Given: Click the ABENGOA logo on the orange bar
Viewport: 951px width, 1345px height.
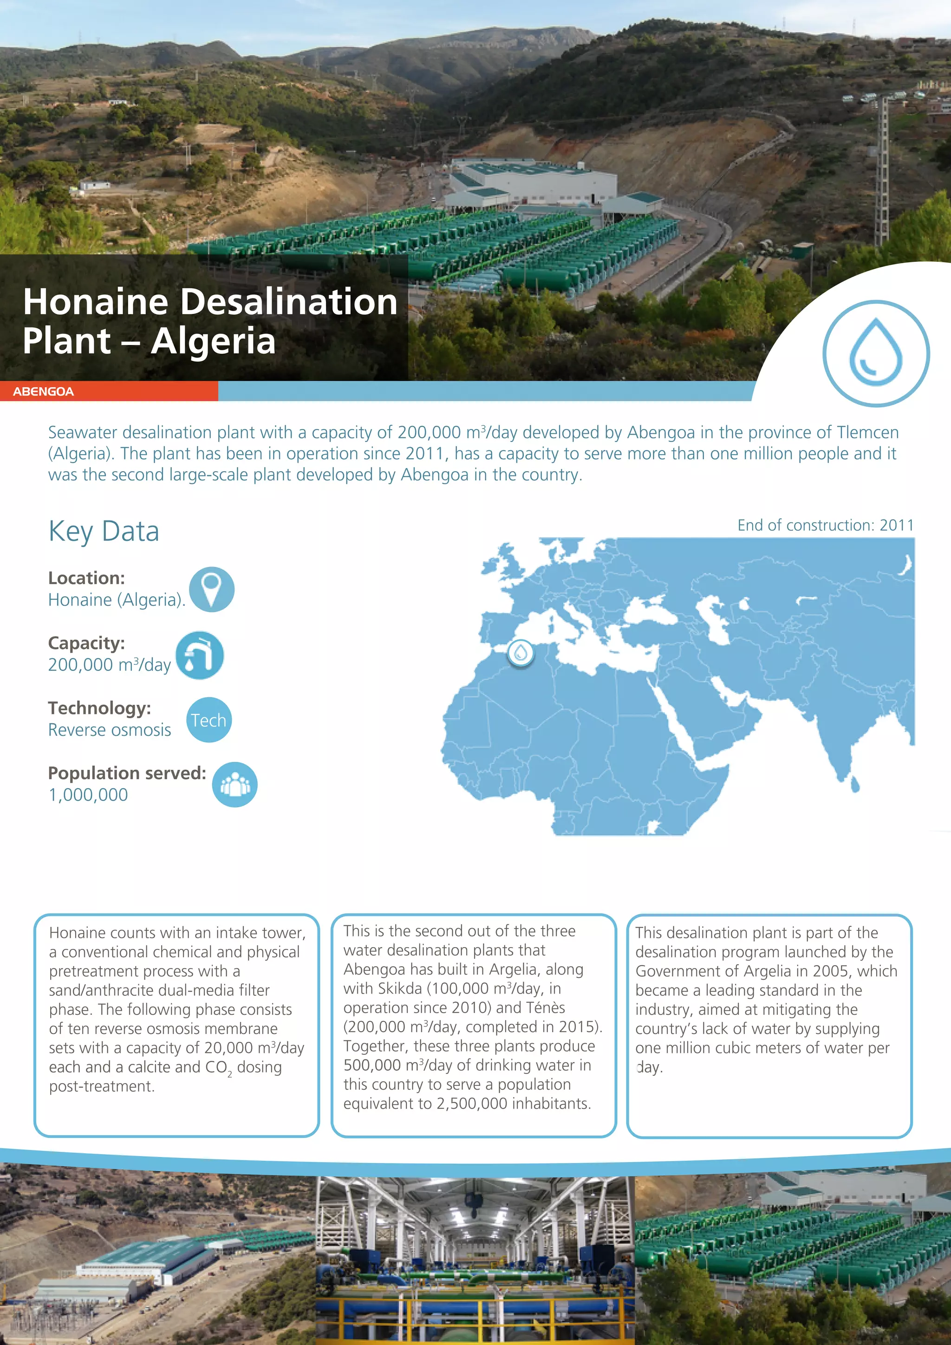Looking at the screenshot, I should pos(43,391).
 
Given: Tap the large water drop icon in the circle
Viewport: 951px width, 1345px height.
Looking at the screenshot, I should pos(876,353).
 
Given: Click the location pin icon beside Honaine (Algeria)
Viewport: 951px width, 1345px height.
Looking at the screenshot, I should pos(212,589).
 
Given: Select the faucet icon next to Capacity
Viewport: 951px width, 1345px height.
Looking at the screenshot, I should pos(200,655).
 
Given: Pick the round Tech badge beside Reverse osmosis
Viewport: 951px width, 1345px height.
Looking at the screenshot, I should pos(208,720).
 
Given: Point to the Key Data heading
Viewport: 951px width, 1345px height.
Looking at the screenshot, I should pos(104,531).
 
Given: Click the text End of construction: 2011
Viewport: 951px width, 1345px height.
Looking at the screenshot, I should pos(825,525).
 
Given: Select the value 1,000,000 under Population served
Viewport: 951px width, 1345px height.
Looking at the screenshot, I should pos(88,795).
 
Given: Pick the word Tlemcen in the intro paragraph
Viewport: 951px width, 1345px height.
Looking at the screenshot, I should pos(867,432).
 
